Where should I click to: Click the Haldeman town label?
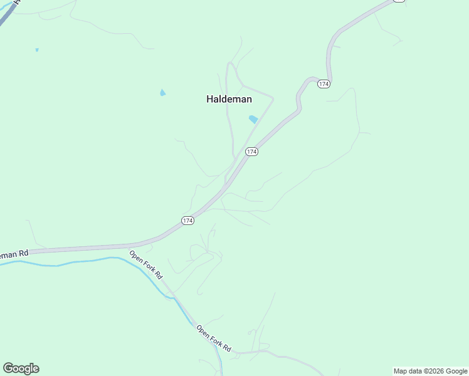tap(229, 99)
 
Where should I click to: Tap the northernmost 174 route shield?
tap(324, 84)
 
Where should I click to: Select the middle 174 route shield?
tap(251, 152)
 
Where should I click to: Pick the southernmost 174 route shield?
tap(187, 221)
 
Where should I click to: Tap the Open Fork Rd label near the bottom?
tap(213, 338)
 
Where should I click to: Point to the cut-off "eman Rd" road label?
tap(14, 254)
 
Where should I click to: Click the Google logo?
tap(21, 368)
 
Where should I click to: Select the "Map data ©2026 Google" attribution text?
tap(431, 371)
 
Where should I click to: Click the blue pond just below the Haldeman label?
tap(253, 119)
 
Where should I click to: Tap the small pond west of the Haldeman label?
tap(163, 93)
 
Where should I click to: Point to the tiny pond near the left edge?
tap(37, 50)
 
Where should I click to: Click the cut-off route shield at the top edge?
tap(399, 1)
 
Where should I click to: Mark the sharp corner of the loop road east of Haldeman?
tap(273, 97)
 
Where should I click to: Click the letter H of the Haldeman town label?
tap(210, 99)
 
